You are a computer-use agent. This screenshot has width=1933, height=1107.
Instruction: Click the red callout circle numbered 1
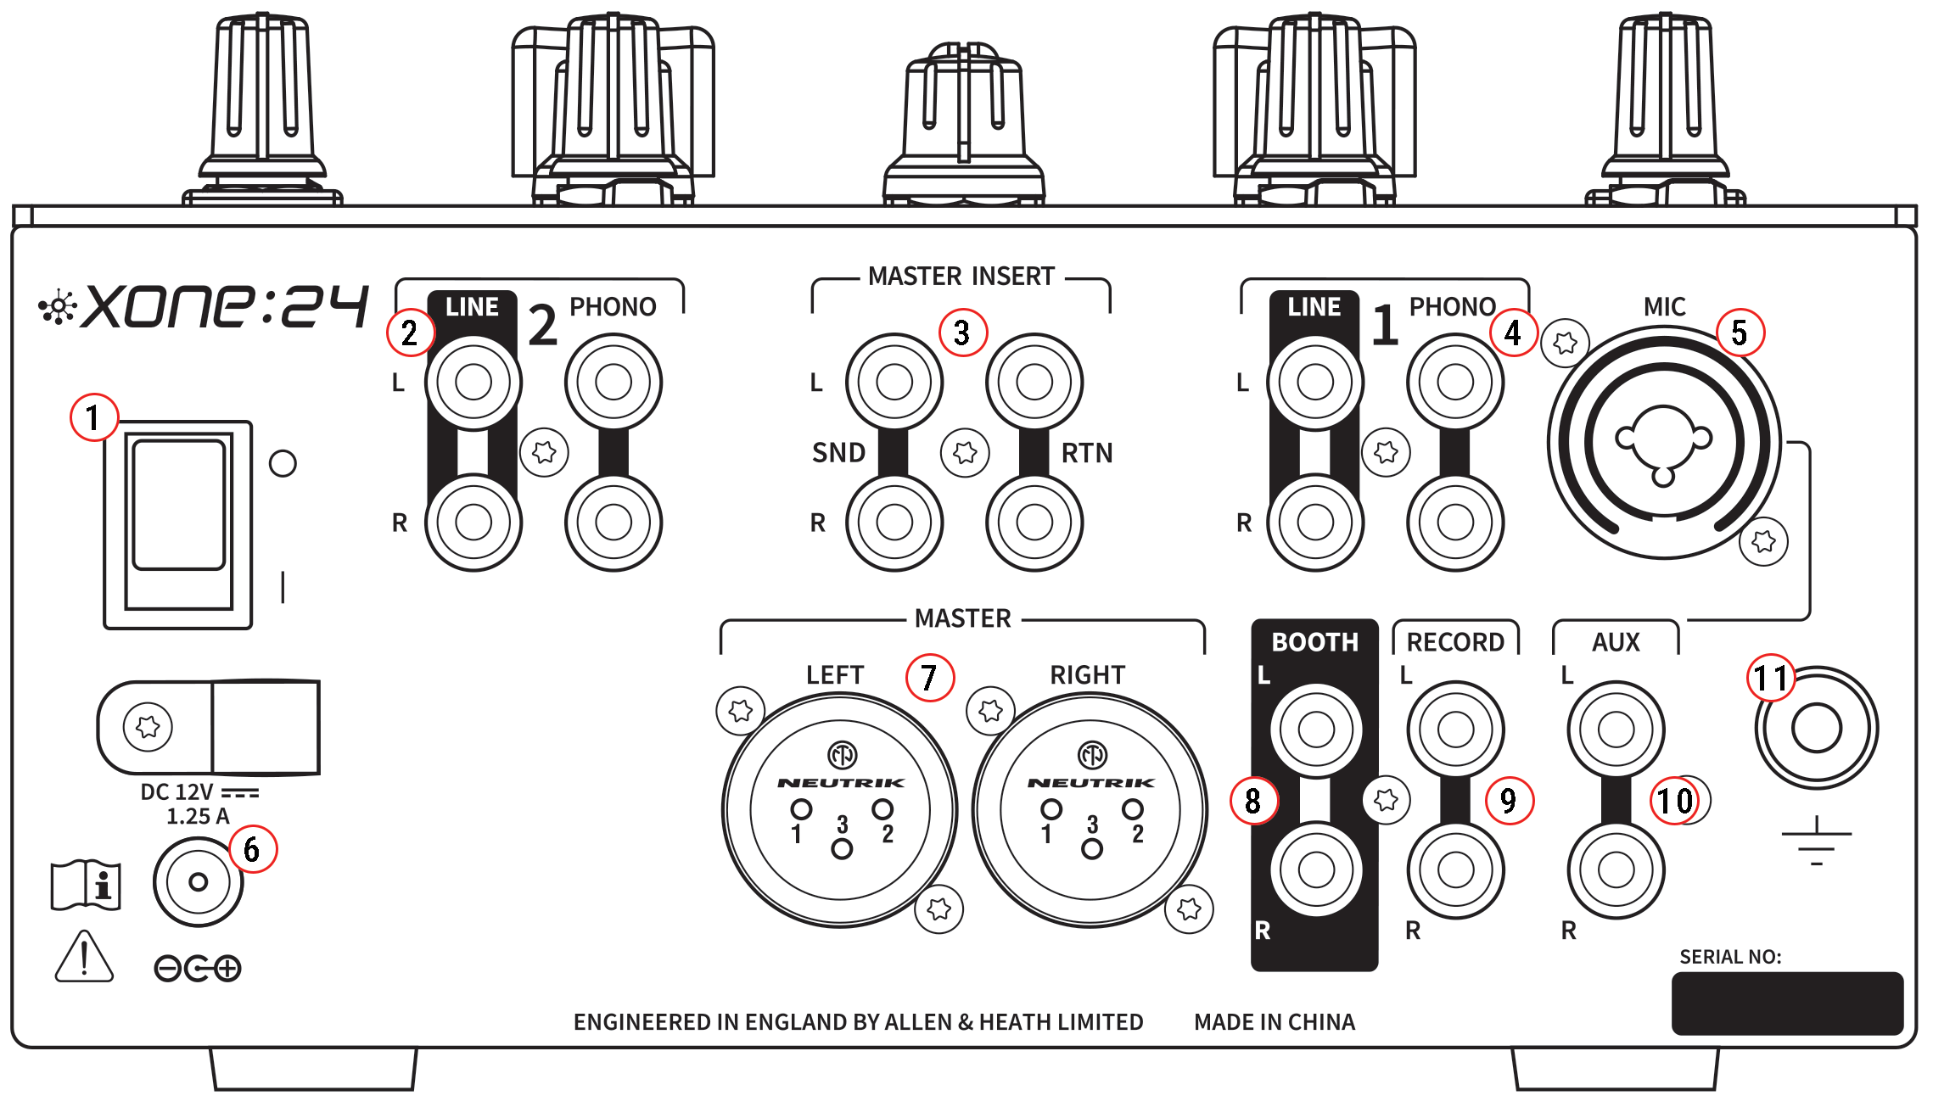pyautogui.click(x=92, y=417)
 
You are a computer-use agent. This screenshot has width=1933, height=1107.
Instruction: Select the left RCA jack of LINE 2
pyautogui.click(x=473, y=382)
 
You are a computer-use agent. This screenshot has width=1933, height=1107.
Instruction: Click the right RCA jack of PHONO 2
pyautogui.click(x=613, y=523)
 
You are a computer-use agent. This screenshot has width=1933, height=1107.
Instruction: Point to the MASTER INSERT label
pyautogui.click(x=961, y=277)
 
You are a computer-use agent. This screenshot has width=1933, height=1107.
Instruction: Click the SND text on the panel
pyautogui.click(x=838, y=452)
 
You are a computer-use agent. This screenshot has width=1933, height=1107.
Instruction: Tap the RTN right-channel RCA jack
pyautogui.click(x=1034, y=523)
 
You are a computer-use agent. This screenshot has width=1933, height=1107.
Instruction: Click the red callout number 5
pyautogui.click(x=1739, y=333)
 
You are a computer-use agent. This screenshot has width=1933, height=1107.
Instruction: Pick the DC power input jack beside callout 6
pyautogui.click(x=198, y=882)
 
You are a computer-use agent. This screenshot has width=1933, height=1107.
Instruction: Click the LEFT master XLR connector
pyautogui.click(x=840, y=810)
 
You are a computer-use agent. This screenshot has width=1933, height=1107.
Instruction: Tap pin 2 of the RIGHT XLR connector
pyautogui.click(x=1133, y=809)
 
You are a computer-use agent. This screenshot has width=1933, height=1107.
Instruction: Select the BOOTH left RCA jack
pyautogui.click(x=1315, y=729)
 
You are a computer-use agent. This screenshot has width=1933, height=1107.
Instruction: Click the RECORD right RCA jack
pyautogui.click(x=1455, y=869)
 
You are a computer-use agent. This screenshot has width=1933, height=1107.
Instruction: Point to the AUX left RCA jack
pyautogui.click(x=1615, y=729)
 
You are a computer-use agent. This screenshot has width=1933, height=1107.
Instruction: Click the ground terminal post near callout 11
pyautogui.click(x=1816, y=728)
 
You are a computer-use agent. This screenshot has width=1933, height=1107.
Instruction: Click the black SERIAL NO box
pyautogui.click(x=1786, y=1004)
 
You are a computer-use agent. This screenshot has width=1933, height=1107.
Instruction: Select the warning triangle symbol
pyautogui.click(x=84, y=959)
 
